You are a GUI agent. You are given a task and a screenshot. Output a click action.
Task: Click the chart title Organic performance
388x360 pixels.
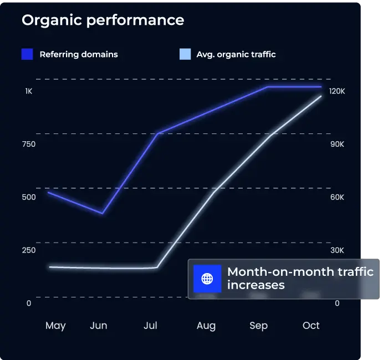point(103,20)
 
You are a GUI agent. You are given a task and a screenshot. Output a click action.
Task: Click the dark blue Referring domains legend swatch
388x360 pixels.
point(28,54)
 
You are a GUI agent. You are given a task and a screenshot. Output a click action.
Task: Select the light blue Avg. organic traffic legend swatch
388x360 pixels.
point(185,54)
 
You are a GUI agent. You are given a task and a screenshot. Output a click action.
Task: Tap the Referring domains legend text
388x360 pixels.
point(79,54)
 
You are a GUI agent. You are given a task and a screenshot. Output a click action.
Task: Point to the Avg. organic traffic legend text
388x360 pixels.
point(236,54)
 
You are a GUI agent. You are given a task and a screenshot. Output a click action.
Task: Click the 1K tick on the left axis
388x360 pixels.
point(29,91)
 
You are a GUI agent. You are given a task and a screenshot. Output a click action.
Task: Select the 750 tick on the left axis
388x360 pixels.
point(29,144)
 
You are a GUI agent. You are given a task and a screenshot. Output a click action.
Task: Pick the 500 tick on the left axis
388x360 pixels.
point(29,197)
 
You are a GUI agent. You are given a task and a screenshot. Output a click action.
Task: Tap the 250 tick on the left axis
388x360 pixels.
point(29,250)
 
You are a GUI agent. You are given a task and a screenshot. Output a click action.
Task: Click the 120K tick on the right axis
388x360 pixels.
point(337,91)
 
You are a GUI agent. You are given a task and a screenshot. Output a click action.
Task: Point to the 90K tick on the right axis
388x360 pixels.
point(337,144)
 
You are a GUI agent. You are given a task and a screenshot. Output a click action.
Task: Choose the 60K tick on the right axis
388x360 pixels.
point(337,197)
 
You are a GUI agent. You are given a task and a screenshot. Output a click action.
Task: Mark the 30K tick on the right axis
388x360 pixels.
point(337,250)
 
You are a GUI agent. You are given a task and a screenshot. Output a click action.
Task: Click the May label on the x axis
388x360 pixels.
point(55,326)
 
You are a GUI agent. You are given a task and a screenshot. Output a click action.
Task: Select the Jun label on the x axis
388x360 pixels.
point(99,326)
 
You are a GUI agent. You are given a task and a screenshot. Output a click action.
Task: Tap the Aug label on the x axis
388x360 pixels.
point(206,326)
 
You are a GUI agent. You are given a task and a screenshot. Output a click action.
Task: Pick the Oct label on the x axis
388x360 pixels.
point(311,326)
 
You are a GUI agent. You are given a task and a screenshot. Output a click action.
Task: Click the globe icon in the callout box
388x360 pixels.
point(207,279)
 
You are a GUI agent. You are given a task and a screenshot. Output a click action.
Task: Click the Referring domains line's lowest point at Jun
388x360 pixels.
point(103,213)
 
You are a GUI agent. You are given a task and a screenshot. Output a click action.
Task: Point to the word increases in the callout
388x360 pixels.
point(256,286)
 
